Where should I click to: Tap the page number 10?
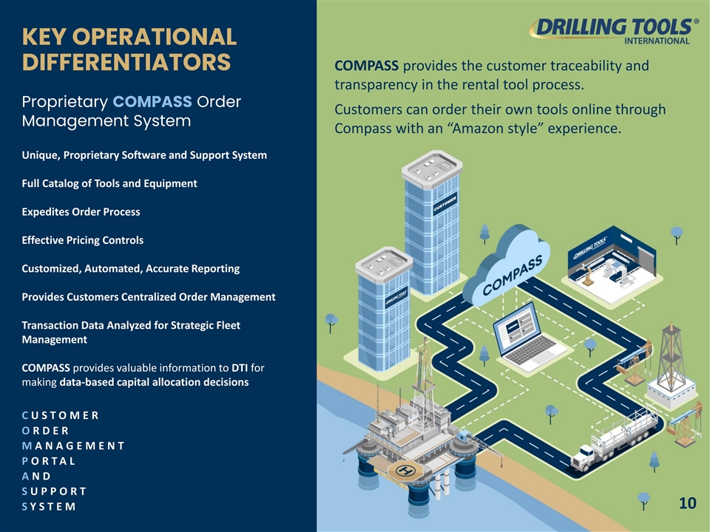point(687,504)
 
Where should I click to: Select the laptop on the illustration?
point(529,336)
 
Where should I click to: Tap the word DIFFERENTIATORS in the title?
point(126,61)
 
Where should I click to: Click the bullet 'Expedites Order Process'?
point(81,211)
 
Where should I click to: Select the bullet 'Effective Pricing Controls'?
point(83,240)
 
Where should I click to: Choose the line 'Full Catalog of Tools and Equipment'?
point(109,183)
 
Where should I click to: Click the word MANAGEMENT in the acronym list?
point(72,446)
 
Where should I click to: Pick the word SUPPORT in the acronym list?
point(54,491)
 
